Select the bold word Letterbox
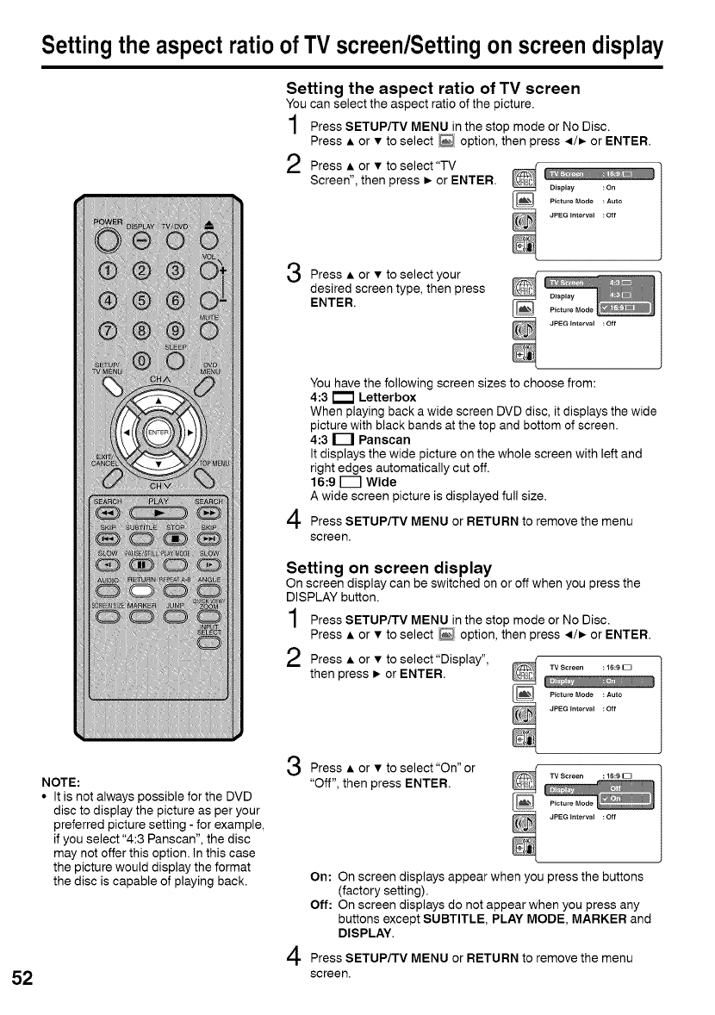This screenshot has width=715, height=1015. point(387,397)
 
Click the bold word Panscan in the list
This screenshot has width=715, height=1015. point(384,439)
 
